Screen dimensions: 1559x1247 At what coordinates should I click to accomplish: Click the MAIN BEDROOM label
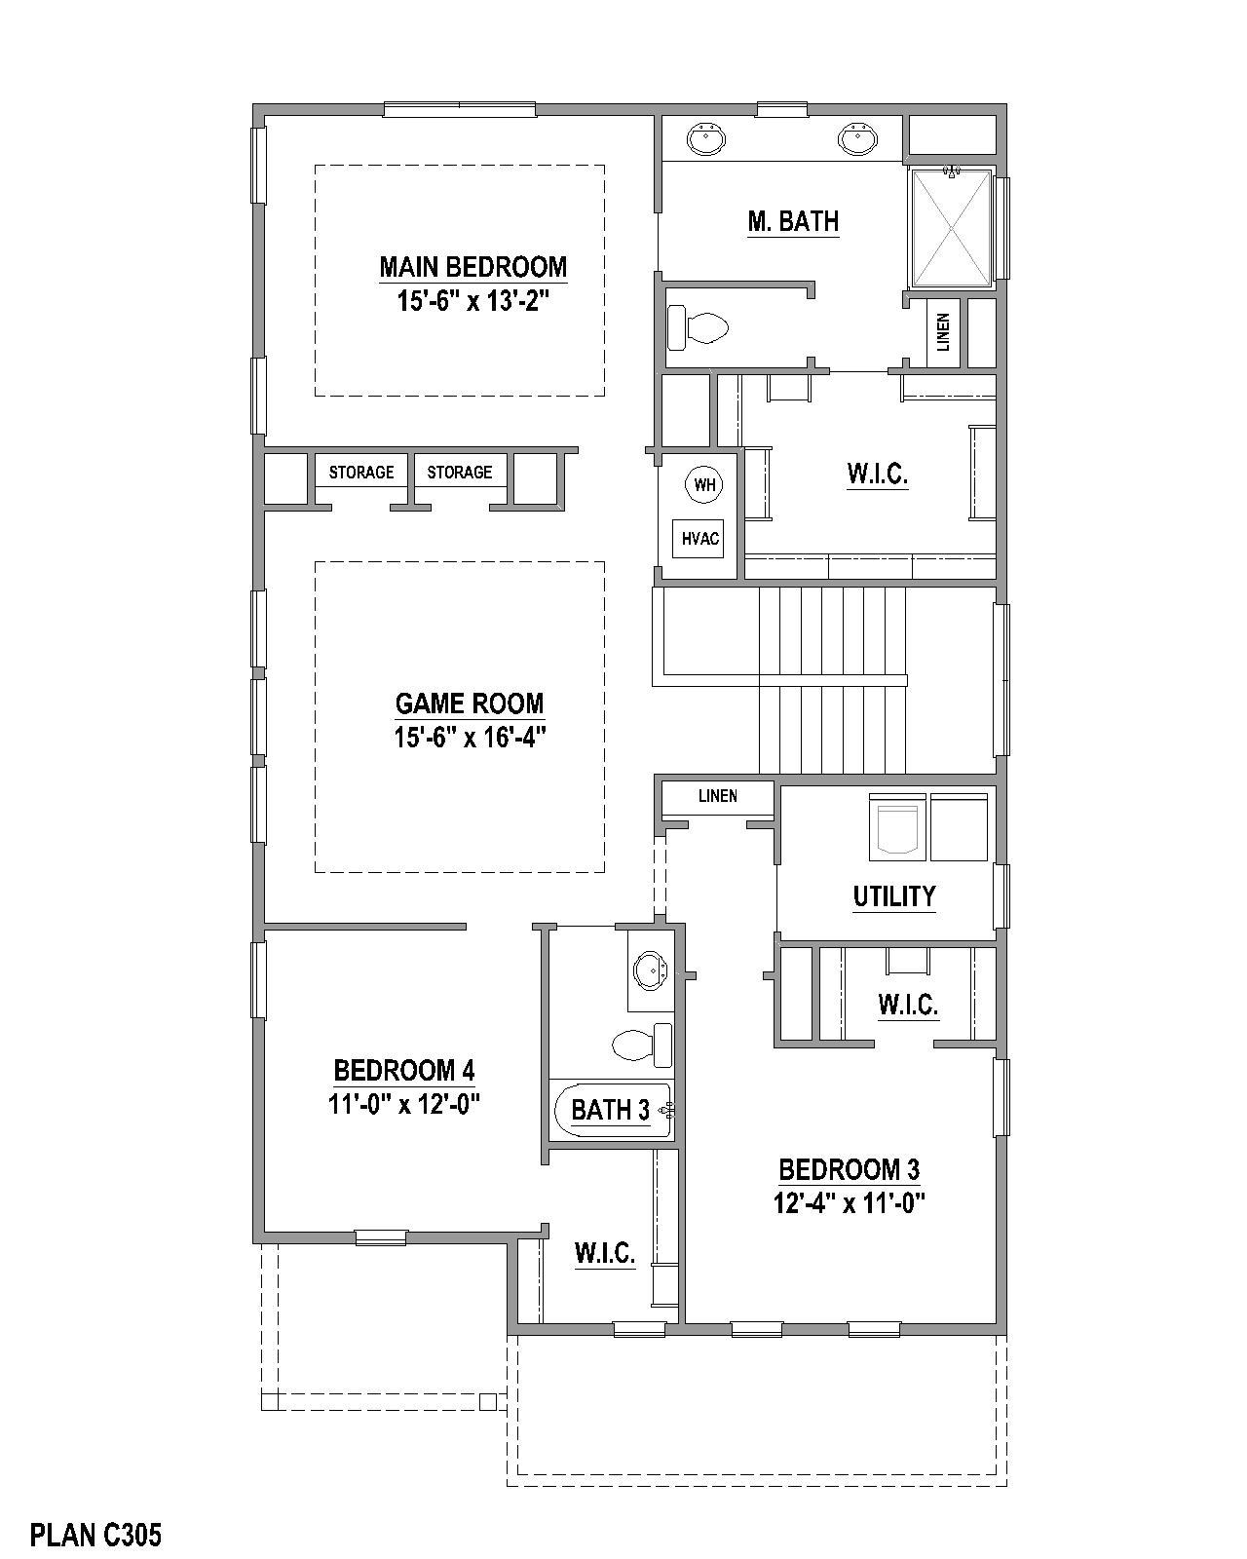[x=472, y=266]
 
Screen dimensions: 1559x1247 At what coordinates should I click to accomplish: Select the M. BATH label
[x=793, y=221]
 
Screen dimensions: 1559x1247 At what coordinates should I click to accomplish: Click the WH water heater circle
[x=703, y=484]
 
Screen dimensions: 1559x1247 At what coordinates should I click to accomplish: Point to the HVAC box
[x=699, y=538]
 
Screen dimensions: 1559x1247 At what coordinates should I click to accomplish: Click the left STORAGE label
[x=361, y=473]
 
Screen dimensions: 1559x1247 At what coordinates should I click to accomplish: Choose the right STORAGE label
[x=460, y=473]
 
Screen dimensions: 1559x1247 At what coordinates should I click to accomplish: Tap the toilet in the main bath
[x=699, y=327]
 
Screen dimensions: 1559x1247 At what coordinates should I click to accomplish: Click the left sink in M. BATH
[x=705, y=138]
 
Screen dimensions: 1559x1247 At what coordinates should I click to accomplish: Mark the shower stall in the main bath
[x=951, y=227]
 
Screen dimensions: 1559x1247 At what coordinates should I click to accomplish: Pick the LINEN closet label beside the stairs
[x=718, y=796]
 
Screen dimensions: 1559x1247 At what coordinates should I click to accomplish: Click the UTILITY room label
[x=894, y=895]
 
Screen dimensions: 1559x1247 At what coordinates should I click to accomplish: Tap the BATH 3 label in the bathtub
[x=611, y=1109]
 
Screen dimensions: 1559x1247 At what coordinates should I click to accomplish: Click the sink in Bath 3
[x=649, y=970]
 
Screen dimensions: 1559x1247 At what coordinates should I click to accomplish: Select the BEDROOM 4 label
[x=404, y=1071]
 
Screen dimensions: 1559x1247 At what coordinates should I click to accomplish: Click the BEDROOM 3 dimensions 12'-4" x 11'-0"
[x=849, y=1203]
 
